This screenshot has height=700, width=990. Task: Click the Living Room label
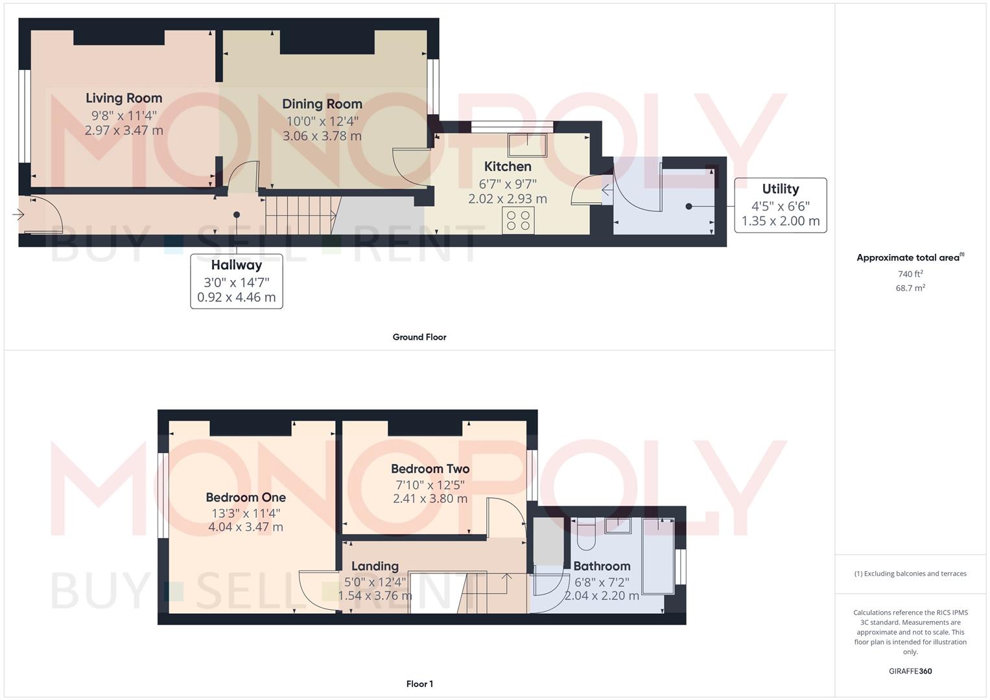pos(124,98)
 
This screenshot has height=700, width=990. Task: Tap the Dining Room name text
pos(322,104)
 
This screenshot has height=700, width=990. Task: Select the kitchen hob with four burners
pos(518,220)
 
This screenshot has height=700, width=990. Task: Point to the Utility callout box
pos(781,205)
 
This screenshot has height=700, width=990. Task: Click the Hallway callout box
pos(237,281)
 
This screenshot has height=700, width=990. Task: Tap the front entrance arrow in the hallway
pos(18,215)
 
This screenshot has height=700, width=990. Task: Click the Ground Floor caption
pos(419,337)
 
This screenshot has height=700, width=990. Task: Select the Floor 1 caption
pos(419,684)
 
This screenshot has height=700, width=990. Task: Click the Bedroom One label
pos(246,498)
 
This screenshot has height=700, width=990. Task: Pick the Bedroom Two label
pos(430,469)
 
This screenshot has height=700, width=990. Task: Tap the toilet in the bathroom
pos(586,534)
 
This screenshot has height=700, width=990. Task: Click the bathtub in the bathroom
pos(658,556)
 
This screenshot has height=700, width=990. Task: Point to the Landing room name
pos(375,566)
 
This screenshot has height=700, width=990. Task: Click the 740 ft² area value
pos(910,274)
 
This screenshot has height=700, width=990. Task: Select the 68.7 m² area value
pos(910,288)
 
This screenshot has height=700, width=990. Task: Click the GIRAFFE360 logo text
pos(910,671)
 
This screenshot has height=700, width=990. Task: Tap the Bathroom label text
pos(602,566)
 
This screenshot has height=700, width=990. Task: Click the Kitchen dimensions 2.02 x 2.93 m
pos(508,199)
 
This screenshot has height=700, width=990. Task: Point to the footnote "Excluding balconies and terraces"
pos(915,574)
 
